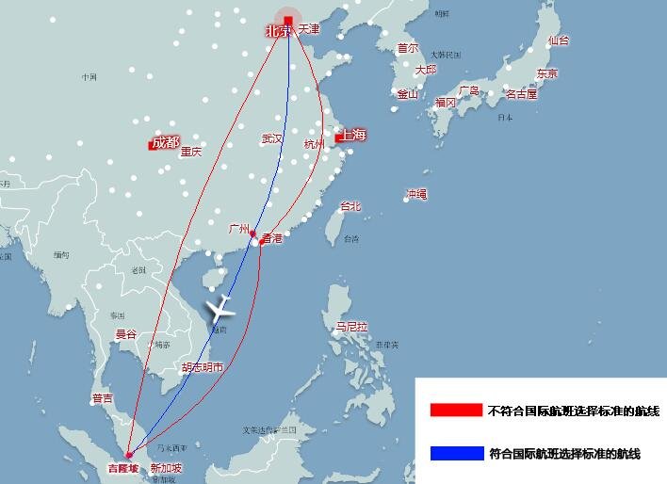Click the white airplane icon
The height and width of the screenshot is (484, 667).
(x=220, y=308)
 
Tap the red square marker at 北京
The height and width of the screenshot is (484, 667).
(x=288, y=20)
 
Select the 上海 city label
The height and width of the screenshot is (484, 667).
(x=353, y=136)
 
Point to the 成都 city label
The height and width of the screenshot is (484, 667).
(x=164, y=143)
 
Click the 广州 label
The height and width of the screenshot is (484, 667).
(x=238, y=229)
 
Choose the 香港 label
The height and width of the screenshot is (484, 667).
(x=272, y=239)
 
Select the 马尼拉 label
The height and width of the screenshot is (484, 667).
(x=351, y=327)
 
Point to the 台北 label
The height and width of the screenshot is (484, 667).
(x=350, y=206)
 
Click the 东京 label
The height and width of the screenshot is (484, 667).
(x=546, y=73)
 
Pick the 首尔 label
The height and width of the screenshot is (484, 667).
(x=407, y=47)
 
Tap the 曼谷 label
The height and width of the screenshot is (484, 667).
(x=125, y=334)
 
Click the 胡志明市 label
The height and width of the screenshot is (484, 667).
(x=203, y=367)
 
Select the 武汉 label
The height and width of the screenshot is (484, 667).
(x=272, y=138)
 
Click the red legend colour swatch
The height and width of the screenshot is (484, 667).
(x=456, y=411)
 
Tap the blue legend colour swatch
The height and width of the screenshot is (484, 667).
(x=456, y=454)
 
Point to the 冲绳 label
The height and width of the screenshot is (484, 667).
(x=416, y=194)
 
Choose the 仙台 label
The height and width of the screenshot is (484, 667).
(x=558, y=40)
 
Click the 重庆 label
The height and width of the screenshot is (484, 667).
(x=191, y=152)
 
